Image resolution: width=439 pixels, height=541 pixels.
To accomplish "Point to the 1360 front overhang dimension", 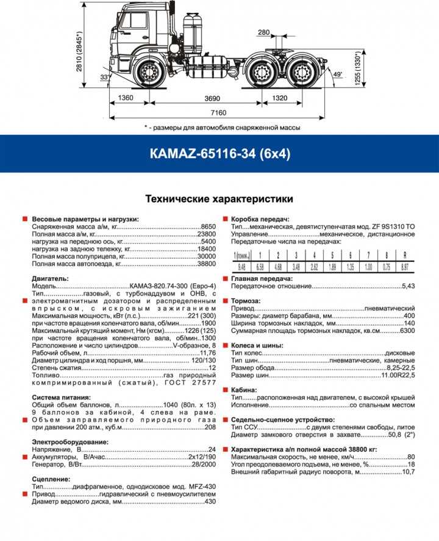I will click(x=126, y=98).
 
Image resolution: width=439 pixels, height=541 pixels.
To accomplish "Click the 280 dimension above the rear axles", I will click(x=263, y=32).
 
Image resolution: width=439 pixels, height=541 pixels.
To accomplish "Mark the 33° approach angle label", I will click(x=104, y=78).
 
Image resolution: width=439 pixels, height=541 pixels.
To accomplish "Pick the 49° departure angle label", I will click(x=338, y=75).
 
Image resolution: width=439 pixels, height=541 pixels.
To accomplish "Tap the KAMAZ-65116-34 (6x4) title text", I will click(x=219, y=154).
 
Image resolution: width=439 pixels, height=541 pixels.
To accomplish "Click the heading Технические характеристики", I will click(x=219, y=199).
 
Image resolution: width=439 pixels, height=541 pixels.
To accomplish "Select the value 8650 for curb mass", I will click(x=209, y=226).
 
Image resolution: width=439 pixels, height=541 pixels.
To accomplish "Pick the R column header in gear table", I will click(x=403, y=255).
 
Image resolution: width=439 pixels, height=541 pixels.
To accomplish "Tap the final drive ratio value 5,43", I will click(x=408, y=286).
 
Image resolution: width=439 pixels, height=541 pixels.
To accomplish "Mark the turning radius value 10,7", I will click(x=408, y=472).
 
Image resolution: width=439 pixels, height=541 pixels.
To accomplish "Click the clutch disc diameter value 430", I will click(x=210, y=501).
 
